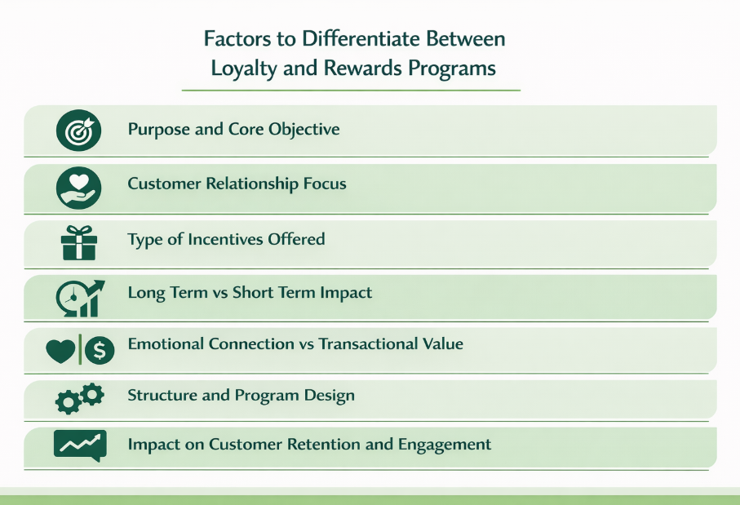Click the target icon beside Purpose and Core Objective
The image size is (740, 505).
pos(79,131)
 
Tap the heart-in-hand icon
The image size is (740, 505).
pos(79,185)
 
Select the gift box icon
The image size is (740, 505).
pos(79,242)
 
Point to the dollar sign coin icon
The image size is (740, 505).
pos(99,351)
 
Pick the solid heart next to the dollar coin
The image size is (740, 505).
pos(61,351)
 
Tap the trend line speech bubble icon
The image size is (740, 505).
pos(79,445)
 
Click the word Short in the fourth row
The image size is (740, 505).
pos(259,292)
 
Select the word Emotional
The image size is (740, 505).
pos(166,343)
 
